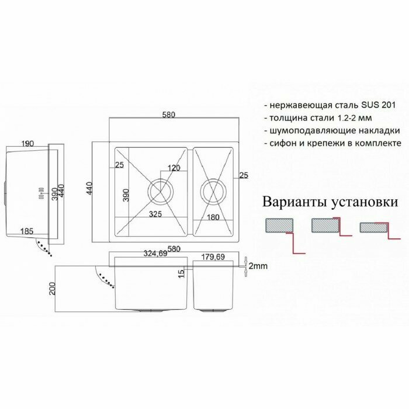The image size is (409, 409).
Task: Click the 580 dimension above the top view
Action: point(169,115)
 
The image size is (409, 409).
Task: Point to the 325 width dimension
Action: point(155,214)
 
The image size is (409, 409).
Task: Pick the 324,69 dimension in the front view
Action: point(155,254)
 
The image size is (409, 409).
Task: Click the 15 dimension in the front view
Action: point(182,272)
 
